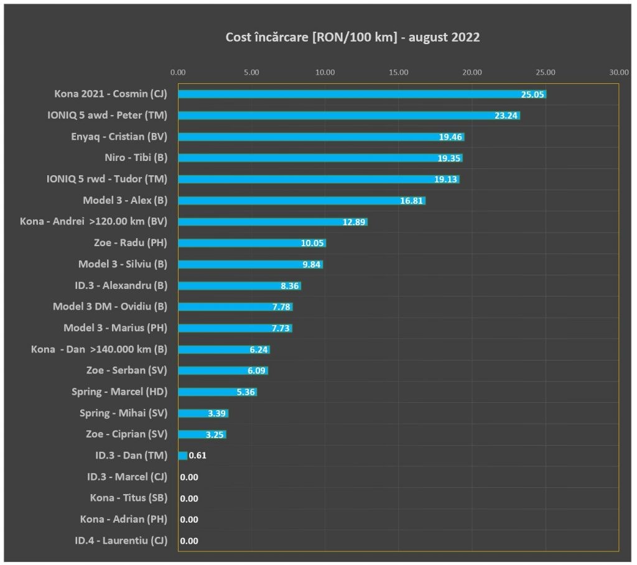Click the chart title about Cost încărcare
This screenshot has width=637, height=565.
352,37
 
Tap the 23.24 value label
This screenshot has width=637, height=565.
506,116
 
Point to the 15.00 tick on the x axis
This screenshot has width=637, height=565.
399,72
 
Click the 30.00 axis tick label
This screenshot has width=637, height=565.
619,72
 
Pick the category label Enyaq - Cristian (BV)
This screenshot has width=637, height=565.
119,137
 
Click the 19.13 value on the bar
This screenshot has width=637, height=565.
446,179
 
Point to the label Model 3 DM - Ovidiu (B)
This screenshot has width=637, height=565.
110,306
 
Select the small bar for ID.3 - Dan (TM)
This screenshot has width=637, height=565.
182,456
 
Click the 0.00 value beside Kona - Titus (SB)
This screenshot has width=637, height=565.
189,498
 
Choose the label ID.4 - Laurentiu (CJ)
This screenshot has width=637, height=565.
121,541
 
